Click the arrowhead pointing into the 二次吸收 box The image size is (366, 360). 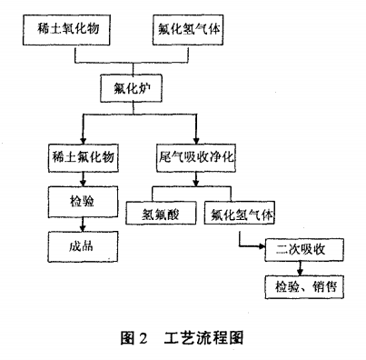(x=259, y=245)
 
